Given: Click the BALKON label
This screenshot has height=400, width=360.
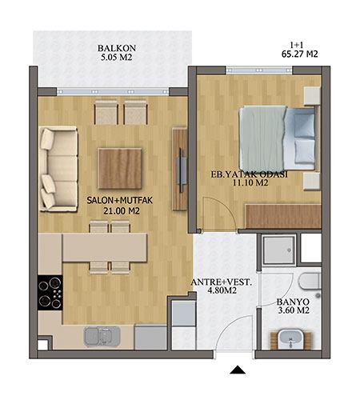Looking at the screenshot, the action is pyautogui.click(x=117, y=48).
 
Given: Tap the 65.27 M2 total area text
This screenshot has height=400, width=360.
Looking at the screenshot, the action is pyautogui.click(x=299, y=54).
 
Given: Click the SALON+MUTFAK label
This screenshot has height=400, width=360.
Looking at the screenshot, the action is pyautogui.click(x=119, y=201).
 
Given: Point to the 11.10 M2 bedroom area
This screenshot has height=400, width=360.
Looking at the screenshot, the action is pyautogui.click(x=250, y=182).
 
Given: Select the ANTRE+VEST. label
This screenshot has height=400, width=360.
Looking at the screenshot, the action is pyautogui.click(x=222, y=282).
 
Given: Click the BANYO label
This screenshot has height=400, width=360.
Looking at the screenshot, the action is pyautogui.click(x=293, y=302).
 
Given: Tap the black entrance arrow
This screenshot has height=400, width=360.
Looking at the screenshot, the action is pyautogui.click(x=238, y=370).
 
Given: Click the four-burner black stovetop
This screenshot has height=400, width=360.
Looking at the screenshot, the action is pyautogui.click(x=50, y=293).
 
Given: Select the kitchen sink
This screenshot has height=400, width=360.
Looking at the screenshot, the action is pyautogui.click(x=102, y=337).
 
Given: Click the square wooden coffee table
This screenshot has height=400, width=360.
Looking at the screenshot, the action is pyautogui.click(x=120, y=169).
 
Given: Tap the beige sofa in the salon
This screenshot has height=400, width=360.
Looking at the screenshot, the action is pyautogui.click(x=58, y=169).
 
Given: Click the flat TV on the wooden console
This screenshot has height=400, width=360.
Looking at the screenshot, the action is pyautogui.click(x=181, y=170).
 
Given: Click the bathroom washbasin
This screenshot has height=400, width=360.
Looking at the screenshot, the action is pyautogui.click(x=290, y=339).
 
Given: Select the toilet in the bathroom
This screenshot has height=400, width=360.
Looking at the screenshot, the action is pyautogui.click(x=310, y=282).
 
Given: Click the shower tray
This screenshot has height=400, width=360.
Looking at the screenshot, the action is pyautogui.click(x=279, y=250).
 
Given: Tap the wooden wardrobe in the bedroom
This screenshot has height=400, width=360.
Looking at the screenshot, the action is pyautogui.click(x=283, y=216).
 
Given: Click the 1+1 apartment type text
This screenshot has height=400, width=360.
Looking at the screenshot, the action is pyautogui.click(x=298, y=45).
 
